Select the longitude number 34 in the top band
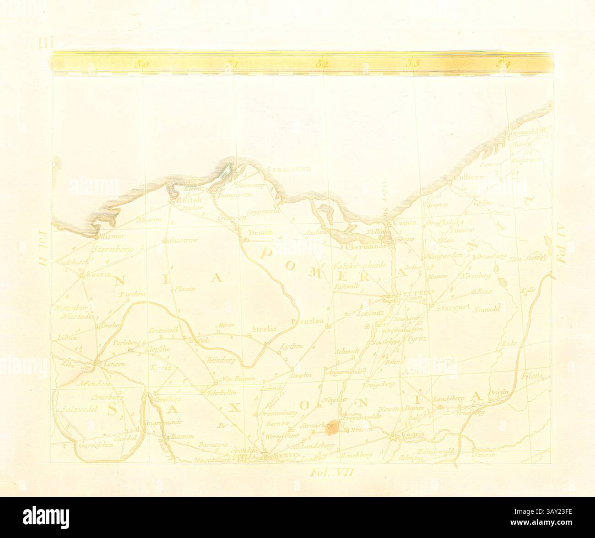(503, 65)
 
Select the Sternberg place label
(111, 250)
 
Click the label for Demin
(260, 232)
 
